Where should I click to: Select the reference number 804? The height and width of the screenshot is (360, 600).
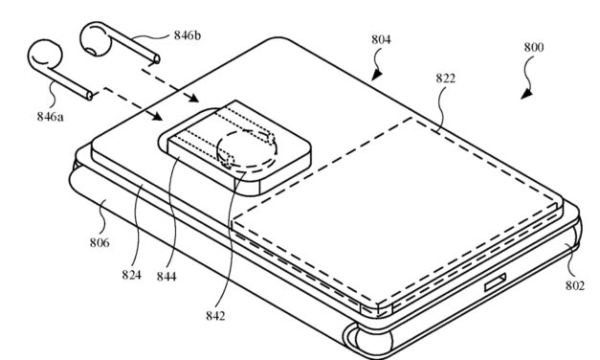(x=383, y=39)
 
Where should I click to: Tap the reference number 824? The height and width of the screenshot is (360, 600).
(x=131, y=276)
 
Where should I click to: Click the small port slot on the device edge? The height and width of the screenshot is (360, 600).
(x=496, y=283)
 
